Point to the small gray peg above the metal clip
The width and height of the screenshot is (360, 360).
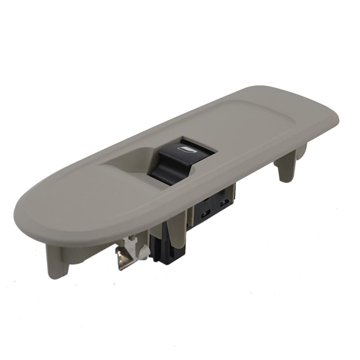[133, 238]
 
